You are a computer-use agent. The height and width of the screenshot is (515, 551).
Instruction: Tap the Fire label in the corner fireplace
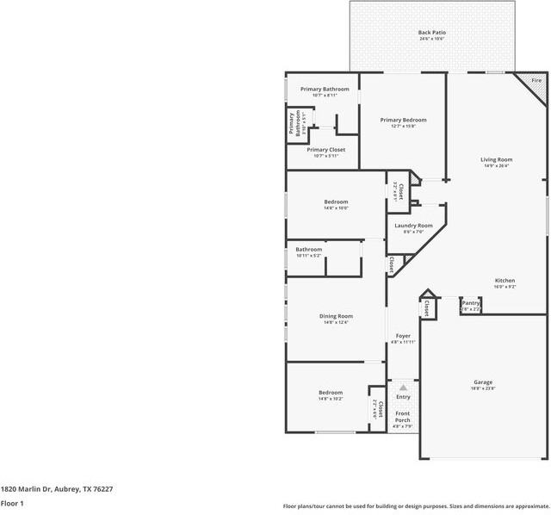point(536,80)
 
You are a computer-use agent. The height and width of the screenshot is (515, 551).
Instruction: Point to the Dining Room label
point(336,319)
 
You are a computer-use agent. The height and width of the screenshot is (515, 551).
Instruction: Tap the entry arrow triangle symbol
point(403,388)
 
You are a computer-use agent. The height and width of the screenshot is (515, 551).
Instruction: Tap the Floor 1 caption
point(12,503)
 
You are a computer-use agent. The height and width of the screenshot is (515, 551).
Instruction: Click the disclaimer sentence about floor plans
point(416,506)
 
